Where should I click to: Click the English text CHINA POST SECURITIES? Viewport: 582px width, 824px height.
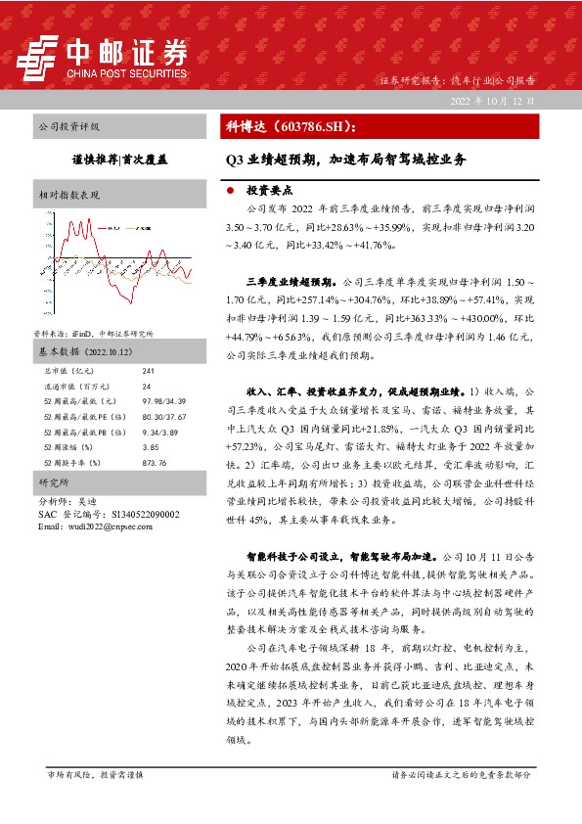[x=125, y=72]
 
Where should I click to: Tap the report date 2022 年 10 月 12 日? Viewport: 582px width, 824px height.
[x=493, y=101]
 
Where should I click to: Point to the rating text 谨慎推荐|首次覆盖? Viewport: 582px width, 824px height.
[x=119, y=157]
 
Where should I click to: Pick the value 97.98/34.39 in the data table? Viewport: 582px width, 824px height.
[x=162, y=401]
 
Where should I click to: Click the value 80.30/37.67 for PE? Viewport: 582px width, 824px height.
[x=162, y=417]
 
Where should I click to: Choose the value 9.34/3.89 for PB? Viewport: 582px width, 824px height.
[x=159, y=432]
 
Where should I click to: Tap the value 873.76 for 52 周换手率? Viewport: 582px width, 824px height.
[x=155, y=462]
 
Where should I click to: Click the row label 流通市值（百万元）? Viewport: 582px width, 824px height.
[x=78, y=387]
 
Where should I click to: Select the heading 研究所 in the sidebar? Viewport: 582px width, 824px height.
[x=50, y=483]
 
